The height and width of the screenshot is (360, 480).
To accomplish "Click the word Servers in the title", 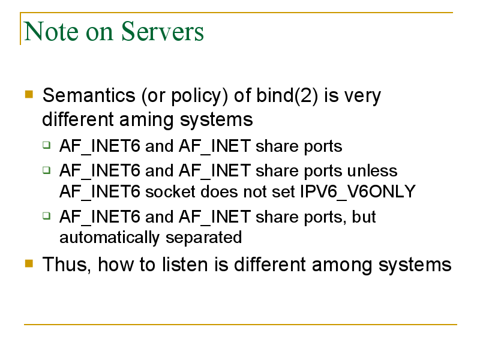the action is (x=163, y=31).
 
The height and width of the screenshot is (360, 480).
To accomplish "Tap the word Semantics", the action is (x=89, y=95).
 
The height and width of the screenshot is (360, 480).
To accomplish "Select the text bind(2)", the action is (x=287, y=95).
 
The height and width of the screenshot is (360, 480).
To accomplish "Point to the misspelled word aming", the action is (x=146, y=120).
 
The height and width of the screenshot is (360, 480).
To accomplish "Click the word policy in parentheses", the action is (x=196, y=96).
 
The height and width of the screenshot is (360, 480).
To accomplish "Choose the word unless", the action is (x=372, y=170).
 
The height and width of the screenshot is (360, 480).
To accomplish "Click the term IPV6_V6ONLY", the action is (x=358, y=192).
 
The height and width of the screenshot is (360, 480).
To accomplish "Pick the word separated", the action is (x=203, y=238).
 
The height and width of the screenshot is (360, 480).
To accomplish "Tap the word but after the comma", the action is (x=364, y=217).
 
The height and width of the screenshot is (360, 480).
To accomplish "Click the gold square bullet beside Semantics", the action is (x=29, y=94).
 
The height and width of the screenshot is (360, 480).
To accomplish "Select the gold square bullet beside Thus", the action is (x=29, y=263).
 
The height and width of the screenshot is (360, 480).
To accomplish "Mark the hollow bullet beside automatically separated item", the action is (x=47, y=216).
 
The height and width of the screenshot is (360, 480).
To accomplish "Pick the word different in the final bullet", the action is (x=269, y=265).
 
